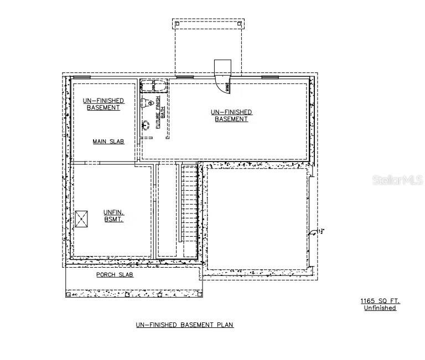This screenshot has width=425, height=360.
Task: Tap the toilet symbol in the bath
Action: tap(147, 103)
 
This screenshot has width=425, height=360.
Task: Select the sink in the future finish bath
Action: tap(146, 124)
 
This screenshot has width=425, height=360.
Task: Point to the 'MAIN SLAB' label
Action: tap(108, 142)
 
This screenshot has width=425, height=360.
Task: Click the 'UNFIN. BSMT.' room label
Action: tap(113, 216)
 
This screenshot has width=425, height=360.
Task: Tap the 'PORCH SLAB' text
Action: tap(115, 275)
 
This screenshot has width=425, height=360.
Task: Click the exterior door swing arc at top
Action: tap(227, 86)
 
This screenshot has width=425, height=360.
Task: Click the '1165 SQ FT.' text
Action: tap(380, 301)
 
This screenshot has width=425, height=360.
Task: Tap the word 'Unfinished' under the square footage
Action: tap(380, 308)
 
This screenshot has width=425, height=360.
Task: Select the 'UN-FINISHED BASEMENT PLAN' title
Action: tap(185, 325)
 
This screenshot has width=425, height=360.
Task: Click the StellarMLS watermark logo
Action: tap(397, 180)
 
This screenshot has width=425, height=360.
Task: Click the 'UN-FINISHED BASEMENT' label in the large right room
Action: tap(231, 116)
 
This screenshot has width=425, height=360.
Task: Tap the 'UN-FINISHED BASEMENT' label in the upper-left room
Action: tap(103, 104)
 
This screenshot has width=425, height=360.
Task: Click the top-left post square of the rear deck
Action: tap(177, 23)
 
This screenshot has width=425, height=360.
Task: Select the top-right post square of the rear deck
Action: tap(239, 23)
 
